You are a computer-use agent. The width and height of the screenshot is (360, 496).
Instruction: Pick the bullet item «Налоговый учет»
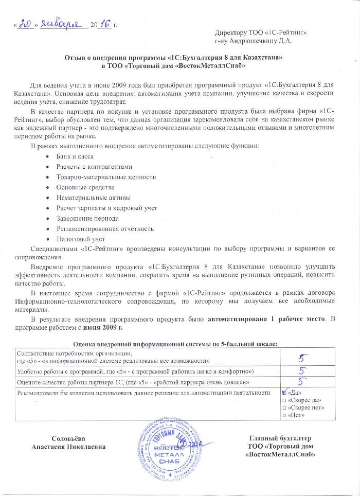coord(80,239)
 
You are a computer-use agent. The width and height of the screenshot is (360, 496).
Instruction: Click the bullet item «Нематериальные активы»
coord(93,198)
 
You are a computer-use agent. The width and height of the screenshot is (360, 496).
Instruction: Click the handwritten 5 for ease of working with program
coord(303,370)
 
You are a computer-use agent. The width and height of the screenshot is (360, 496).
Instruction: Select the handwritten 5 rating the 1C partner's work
coord(303,382)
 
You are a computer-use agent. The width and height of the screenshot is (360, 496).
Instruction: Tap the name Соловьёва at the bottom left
coord(73,438)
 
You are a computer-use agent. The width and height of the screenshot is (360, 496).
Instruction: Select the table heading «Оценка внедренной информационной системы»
coord(149,343)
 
